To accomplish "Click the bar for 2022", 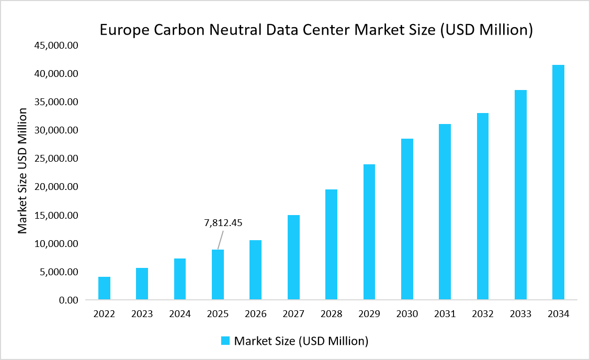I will pos(104,288).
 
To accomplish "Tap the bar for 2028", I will pos(331,244).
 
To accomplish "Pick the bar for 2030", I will pos(407,219).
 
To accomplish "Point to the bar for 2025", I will pos(218,275).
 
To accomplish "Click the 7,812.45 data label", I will pos(223,223).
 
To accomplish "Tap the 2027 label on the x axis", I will pos(293,314).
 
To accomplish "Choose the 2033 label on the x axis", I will pos(520,314).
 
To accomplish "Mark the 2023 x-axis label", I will pos(142,314).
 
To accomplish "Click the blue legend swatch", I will pos(225,341).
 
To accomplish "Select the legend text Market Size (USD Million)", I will pos(301,341).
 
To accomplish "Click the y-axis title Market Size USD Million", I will pos(22,171).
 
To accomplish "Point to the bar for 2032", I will pos(482,206).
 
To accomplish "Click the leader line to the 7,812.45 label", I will pos(220,241).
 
